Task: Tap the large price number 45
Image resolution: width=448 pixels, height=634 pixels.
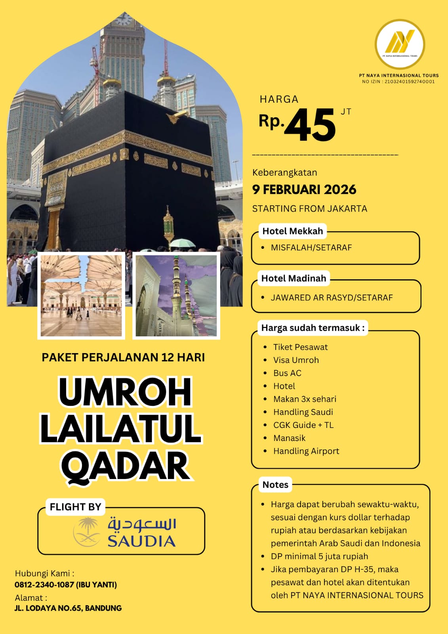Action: pyautogui.click(x=310, y=126)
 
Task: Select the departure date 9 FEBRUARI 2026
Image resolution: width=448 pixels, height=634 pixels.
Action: pyautogui.click(x=304, y=189)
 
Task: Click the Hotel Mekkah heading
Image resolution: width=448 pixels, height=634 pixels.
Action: pyautogui.click(x=292, y=231)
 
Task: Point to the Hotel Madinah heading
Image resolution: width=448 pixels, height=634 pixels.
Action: pyautogui.click(x=294, y=278)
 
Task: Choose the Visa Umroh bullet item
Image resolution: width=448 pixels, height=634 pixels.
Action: pyautogui.click(x=295, y=360)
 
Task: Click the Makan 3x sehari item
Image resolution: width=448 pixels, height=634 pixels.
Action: pyautogui.click(x=304, y=399)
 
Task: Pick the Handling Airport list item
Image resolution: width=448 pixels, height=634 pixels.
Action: pyautogui.click(x=306, y=451)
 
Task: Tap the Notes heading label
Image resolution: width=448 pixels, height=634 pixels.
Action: pyautogui.click(x=275, y=485)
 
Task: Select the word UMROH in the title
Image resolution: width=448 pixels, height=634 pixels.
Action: pyautogui.click(x=125, y=392)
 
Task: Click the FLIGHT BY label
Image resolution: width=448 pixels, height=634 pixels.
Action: pyautogui.click(x=75, y=507)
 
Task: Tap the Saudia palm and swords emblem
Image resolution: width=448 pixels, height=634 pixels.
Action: pyautogui.click(x=87, y=532)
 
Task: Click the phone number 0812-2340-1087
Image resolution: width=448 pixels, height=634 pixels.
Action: pyautogui.click(x=44, y=584)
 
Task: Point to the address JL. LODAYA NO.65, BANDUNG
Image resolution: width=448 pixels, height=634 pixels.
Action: pyautogui.click(x=68, y=608)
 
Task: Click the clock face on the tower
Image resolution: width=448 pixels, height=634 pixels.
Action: pyautogui.click(x=124, y=19)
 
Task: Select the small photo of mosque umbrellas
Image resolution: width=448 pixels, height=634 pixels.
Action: pyautogui.click(x=81, y=296)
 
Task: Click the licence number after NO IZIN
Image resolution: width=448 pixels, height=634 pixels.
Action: pyautogui.click(x=409, y=82)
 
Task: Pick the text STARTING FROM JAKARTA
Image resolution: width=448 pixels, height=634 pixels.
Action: pyautogui.click(x=309, y=208)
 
